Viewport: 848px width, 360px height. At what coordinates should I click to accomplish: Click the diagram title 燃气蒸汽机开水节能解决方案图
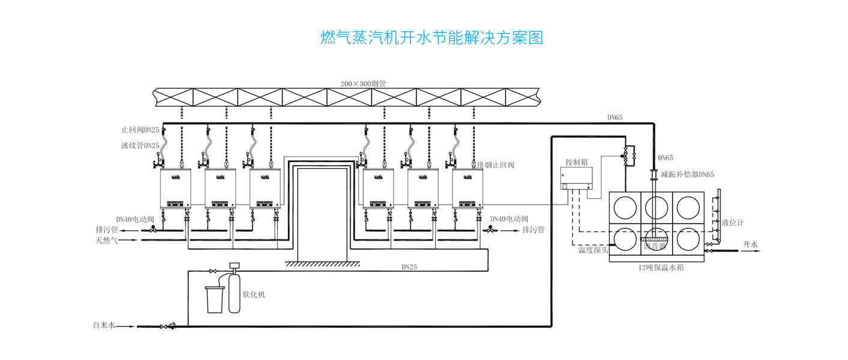pyautogui.click(x=432, y=38)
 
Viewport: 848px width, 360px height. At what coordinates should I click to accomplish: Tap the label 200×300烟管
pyautogui.click(x=363, y=84)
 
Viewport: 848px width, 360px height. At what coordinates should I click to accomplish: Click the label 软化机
pyautogui.click(x=253, y=295)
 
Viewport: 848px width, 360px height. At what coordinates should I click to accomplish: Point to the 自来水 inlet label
pyautogui.click(x=104, y=326)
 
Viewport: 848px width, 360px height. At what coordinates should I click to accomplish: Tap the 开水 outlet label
pyautogui.click(x=751, y=245)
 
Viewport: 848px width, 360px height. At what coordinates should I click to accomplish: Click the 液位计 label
pyautogui.click(x=732, y=223)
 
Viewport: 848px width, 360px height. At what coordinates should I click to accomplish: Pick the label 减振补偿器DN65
pyautogui.click(x=687, y=175)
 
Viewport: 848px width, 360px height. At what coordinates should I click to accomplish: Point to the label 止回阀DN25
pyautogui.click(x=140, y=130)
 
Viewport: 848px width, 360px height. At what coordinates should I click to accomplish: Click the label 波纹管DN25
pyautogui.click(x=140, y=145)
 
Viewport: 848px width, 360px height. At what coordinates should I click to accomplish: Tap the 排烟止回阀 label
pyautogui.click(x=496, y=164)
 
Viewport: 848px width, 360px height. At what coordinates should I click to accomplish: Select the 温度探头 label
pyautogui.click(x=594, y=250)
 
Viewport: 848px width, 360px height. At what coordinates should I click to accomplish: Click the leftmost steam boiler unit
pyautogui.click(x=175, y=188)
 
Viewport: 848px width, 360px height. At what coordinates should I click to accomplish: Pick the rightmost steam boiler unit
pyautogui.click(x=468, y=188)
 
